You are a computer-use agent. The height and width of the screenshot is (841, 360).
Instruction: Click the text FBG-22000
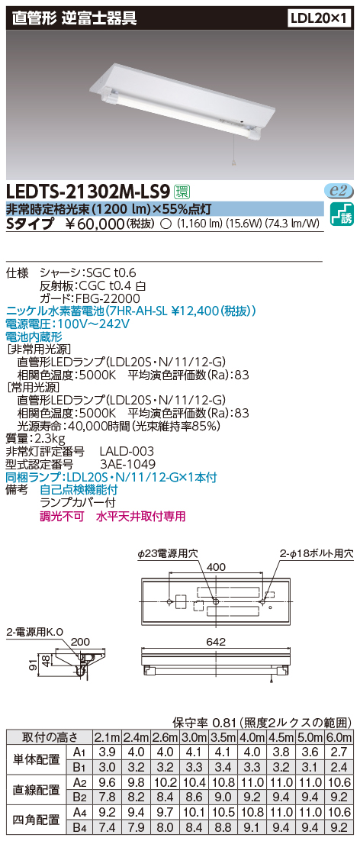[x=113, y=298]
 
